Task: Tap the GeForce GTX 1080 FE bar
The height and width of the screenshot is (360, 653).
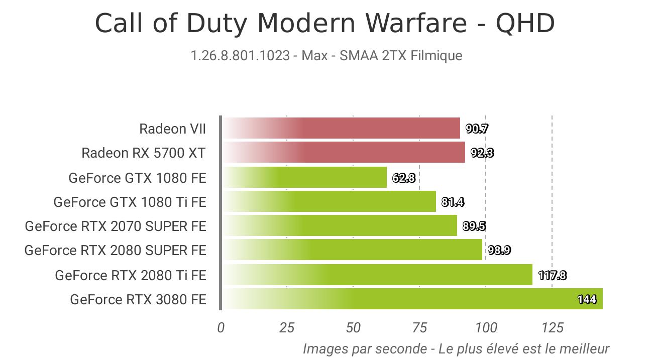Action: pyautogui.click(x=304, y=177)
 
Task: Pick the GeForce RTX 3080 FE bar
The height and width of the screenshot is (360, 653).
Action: pyautogui.click(x=412, y=299)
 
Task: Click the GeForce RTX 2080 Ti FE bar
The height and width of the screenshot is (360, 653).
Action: pyautogui.click(x=377, y=275)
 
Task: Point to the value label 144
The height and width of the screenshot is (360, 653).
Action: pyautogui.click(x=587, y=299)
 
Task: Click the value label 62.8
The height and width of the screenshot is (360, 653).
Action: pyautogui.click(x=403, y=177)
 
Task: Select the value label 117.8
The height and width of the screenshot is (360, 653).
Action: pyautogui.click(x=552, y=275)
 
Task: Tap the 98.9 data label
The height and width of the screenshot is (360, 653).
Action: pyautogui.click(x=499, y=250)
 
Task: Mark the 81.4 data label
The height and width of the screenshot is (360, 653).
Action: pyautogui.click(x=453, y=202)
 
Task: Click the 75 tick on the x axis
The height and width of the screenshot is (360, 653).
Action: pyautogui.click(x=419, y=328)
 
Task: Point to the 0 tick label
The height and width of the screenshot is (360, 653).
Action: pyautogui.click(x=221, y=328)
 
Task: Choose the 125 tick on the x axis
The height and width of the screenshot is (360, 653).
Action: pyautogui.click(x=552, y=328)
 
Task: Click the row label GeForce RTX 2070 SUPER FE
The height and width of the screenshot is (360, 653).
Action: pyautogui.click(x=116, y=226)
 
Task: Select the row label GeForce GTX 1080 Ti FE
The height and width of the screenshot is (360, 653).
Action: pyautogui.click(x=130, y=202)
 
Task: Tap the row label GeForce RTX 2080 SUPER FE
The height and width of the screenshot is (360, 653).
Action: pyautogui.click(x=115, y=250)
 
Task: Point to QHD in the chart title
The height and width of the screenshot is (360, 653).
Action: pyautogui.click(x=525, y=23)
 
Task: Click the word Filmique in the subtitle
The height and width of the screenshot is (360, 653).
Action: pyautogui.click(x=436, y=55)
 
